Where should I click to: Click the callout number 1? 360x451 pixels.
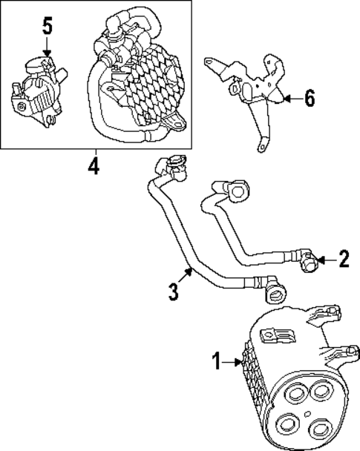(x=217, y=363)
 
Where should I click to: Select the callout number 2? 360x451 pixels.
(x=343, y=259)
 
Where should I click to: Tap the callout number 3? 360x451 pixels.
(x=173, y=291)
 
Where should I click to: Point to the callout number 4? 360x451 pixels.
(x=92, y=164)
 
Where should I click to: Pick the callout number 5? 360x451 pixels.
(x=47, y=27)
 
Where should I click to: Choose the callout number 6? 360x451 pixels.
(x=310, y=99)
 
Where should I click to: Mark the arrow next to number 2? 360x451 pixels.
(x=326, y=259)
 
